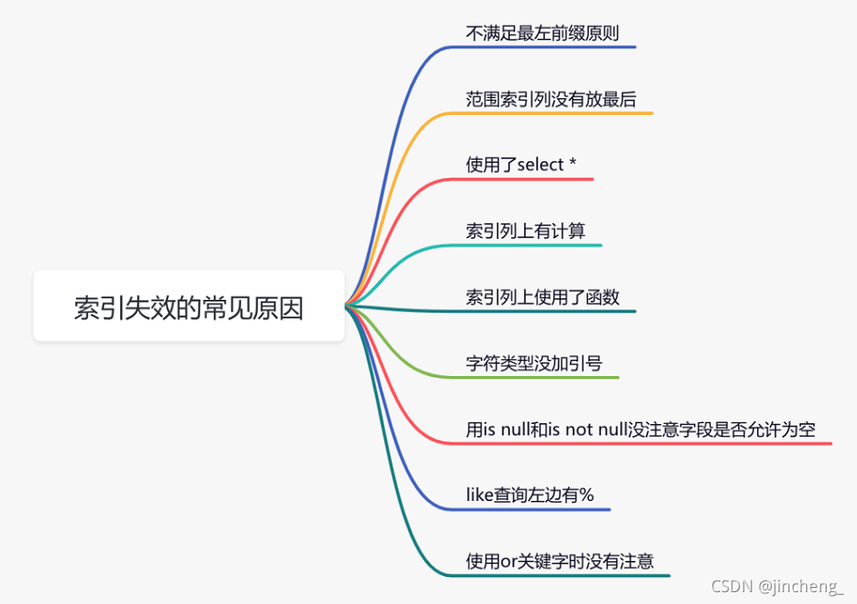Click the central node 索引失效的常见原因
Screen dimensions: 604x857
coord(188,307)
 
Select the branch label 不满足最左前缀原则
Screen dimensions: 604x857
coord(542,33)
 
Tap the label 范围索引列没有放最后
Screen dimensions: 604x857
coord(550,99)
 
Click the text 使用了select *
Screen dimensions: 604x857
coord(521,165)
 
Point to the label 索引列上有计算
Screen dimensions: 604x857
coord(525,231)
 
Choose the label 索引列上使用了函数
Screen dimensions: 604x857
coord(542,297)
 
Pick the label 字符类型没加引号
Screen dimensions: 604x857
coord(533,363)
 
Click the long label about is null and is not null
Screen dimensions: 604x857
coord(640,429)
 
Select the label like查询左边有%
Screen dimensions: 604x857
coord(529,495)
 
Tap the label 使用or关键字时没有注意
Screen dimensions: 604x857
coord(559,561)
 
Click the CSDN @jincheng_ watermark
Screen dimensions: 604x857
coord(777,586)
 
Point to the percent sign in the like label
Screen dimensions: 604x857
coord(586,495)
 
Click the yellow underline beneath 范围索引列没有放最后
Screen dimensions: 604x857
coord(558,112)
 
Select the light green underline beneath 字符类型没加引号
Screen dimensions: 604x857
coord(541,377)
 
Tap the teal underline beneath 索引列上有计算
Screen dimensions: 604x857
coord(532,245)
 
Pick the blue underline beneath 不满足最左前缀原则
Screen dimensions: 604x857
coord(549,46)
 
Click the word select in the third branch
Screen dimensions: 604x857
coord(540,165)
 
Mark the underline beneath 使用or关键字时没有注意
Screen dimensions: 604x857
coord(566,575)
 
